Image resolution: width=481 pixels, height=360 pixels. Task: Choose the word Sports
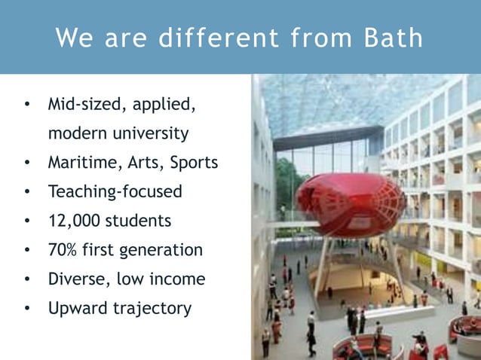[x=194, y=163]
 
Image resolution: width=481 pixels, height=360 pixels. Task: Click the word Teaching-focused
[x=115, y=192]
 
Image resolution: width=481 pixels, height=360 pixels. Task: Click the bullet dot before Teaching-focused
[x=27, y=192]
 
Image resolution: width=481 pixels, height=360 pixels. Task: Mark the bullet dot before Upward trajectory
[x=27, y=309]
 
